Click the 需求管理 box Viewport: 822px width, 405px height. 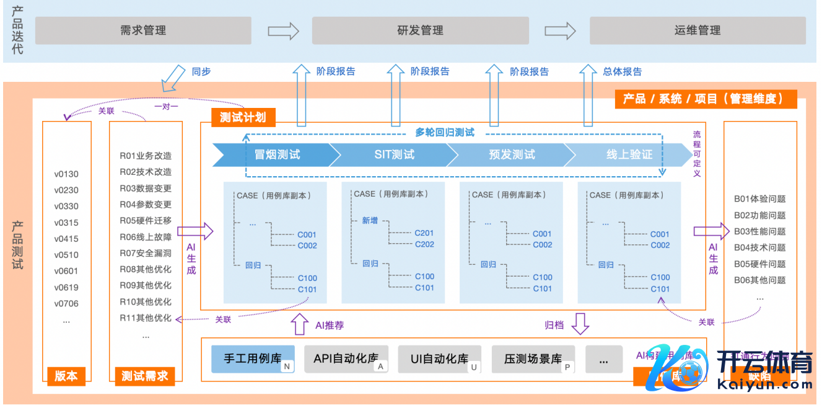pyautogui.click(x=143, y=30)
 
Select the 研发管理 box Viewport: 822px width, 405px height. pyautogui.click(x=420, y=30)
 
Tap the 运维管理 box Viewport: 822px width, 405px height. pyautogui.click(x=697, y=30)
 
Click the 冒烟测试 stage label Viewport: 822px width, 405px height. pyautogui.click(x=278, y=154)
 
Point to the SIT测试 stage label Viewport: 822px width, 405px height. pyautogui.click(x=395, y=154)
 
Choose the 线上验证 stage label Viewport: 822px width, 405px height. pyautogui.click(x=629, y=154)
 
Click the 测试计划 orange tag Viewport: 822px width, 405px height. pyautogui.click(x=243, y=117)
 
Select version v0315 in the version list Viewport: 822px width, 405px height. pyautogui.click(x=66, y=223)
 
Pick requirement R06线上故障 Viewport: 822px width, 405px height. pyautogui.click(x=146, y=237)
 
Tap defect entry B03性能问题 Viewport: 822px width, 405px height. pyautogui.click(x=759, y=231)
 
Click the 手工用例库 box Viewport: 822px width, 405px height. pyautogui.click(x=253, y=359)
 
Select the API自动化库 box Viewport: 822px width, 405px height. pyautogui.click(x=346, y=359)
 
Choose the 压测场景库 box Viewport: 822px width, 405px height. pyautogui.click(x=533, y=359)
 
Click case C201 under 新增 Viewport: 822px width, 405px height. pyautogui.click(x=424, y=233)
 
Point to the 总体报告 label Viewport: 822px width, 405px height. pyautogui.click(x=623, y=71)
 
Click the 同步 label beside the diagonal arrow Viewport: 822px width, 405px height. pyautogui.click(x=201, y=71)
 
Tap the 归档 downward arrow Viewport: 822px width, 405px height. pyautogui.click(x=580, y=323)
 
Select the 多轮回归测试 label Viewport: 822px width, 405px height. pyautogui.click(x=445, y=132)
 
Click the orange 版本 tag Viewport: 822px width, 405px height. pyautogui.click(x=66, y=376)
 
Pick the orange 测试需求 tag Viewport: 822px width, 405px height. pyautogui.click(x=145, y=376)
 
